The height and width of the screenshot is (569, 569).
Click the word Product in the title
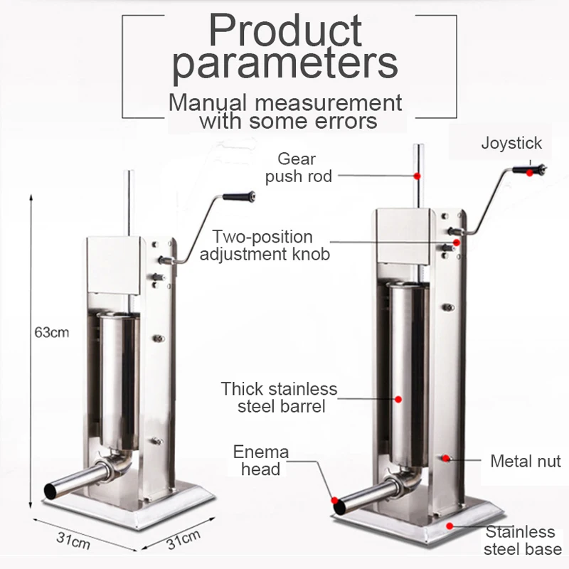(284, 32)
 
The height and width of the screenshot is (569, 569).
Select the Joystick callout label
(511, 143)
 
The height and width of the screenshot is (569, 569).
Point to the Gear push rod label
(298, 167)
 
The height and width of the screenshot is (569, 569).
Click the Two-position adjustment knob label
(264, 245)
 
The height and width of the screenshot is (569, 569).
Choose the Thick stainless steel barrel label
(279, 398)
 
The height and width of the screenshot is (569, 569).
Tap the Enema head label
(261, 460)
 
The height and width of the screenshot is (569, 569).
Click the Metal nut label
(526, 462)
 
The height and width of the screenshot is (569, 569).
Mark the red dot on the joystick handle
(533, 171)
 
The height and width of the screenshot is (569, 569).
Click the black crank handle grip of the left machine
(238, 196)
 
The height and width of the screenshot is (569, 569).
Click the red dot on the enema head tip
(334, 499)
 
